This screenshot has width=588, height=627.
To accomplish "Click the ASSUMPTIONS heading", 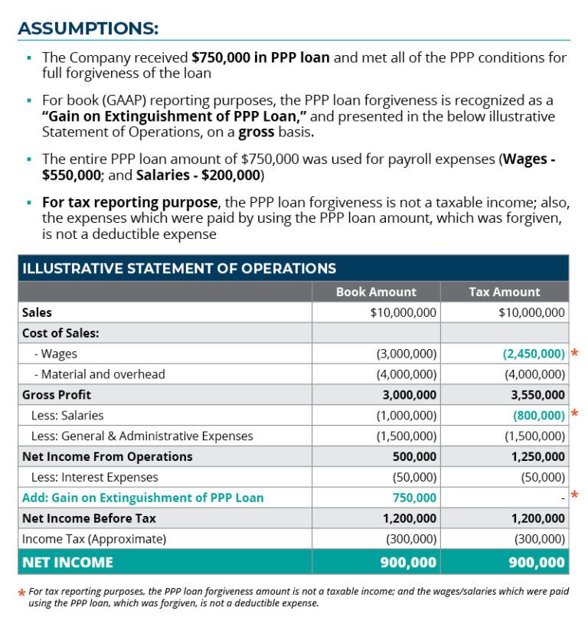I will pos(88,28).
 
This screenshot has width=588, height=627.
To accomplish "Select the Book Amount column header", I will pos(376,292).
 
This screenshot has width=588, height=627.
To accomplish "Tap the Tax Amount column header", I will pos(504,292).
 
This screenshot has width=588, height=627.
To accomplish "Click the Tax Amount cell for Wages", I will pos(534,354).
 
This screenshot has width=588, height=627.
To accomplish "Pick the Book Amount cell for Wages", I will pos(406,354).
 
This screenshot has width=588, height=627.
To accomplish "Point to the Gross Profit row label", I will pos(57,395).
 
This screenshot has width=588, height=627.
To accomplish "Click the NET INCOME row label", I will pos(67,563).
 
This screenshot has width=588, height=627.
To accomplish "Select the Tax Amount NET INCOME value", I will pos(536,563).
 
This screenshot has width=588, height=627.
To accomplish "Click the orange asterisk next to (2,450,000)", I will pos(574,354).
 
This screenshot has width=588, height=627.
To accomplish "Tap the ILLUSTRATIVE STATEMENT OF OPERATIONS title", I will pos(179,269).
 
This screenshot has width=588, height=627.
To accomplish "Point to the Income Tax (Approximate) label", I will pos(93,539).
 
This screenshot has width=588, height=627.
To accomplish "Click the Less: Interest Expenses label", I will pos(90,477).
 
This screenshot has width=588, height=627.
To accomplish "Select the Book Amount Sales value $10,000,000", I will pos(403,312).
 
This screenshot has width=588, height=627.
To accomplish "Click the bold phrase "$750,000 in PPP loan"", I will pos(260,57).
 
